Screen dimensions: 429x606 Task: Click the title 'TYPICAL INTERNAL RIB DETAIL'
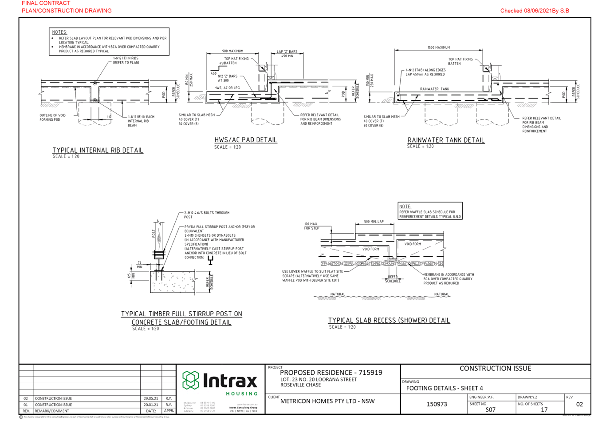(98, 150)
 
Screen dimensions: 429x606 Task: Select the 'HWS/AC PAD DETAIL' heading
(246, 140)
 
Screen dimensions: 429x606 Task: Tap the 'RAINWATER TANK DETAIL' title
(446, 140)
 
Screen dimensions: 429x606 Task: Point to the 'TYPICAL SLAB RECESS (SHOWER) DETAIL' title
(389, 320)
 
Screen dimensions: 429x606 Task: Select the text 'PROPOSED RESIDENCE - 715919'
(331, 373)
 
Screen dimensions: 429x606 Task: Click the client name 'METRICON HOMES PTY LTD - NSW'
(327, 401)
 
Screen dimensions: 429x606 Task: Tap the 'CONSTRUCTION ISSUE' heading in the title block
(495, 369)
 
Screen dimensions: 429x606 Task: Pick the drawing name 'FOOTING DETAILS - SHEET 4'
(445, 388)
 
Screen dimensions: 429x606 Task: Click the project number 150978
(437, 404)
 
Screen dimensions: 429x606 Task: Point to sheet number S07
(490, 409)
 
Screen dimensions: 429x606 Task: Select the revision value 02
(579, 404)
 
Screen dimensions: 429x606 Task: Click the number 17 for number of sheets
(544, 409)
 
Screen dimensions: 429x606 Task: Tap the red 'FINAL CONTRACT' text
(46, 3)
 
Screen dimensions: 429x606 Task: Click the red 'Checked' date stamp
(535, 11)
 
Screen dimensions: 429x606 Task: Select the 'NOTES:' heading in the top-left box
(60, 32)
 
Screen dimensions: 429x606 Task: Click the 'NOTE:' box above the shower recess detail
(430, 211)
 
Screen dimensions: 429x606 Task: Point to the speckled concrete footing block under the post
(173, 282)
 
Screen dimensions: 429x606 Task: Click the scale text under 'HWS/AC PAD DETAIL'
(228, 147)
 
